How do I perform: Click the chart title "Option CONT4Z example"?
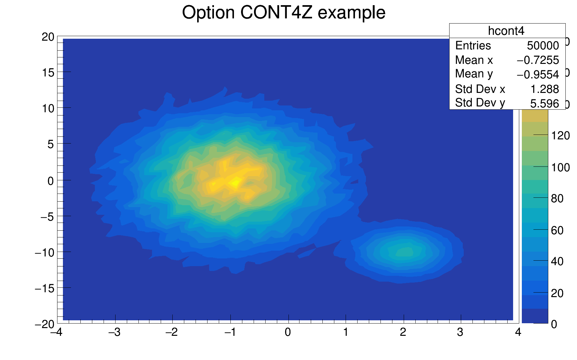pyautogui.click(x=284, y=13)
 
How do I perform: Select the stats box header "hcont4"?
pyautogui.click(x=506, y=31)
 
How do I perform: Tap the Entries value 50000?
pyautogui.click(x=543, y=46)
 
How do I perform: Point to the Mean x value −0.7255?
pyautogui.click(x=538, y=60)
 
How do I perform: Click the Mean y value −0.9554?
pyautogui.click(x=538, y=75)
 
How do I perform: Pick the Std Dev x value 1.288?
pyautogui.click(x=545, y=89)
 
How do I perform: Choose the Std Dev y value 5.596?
pyautogui.click(x=544, y=104)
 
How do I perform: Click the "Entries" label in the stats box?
pyautogui.click(x=473, y=46)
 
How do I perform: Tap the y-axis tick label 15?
pyautogui.click(x=48, y=73)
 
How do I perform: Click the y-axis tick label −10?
pyautogui.click(x=45, y=253)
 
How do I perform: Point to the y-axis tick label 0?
pyautogui.click(x=51, y=181)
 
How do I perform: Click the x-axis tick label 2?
pyautogui.click(x=403, y=332)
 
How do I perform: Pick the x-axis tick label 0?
pyautogui.click(x=288, y=332)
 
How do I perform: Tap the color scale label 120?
pyautogui.click(x=560, y=135)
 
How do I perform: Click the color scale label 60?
pyautogui.click(x=557, y=230)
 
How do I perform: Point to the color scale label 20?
pyautogui.click(x=557, y=293)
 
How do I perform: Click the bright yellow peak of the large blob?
pyautogui.click(x=235, y=183)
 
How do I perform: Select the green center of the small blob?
pyautogui.click(x=404, y=252)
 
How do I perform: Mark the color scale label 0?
pyautogui.click(x=554, y=324)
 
